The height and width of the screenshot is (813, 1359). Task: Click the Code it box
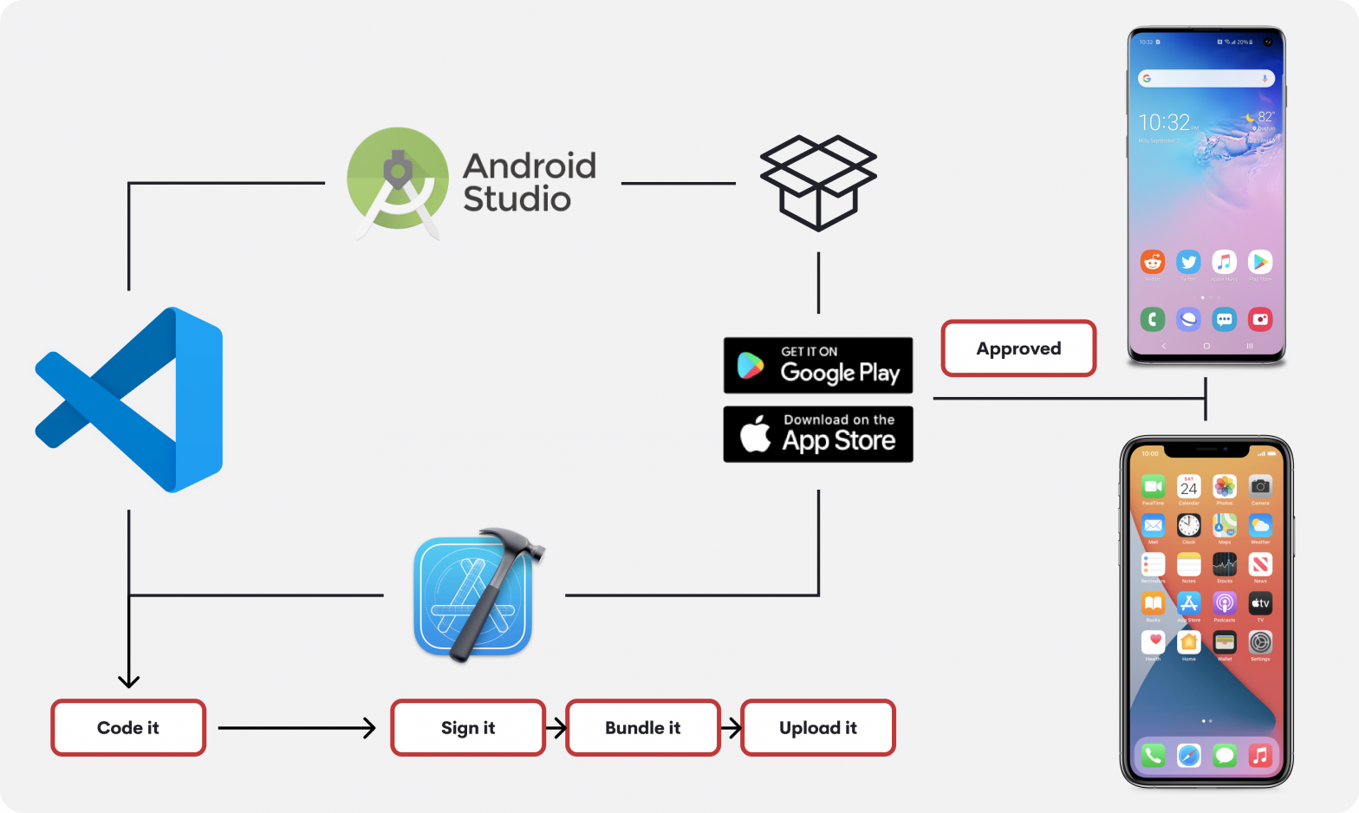pos(128,728)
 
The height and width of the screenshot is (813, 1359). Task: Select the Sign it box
pos(468,728)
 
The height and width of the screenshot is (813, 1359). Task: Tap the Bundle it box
pos(643,728)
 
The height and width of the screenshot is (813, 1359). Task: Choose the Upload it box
pos(818,728)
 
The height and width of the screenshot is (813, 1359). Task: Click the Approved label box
pos(1018,348)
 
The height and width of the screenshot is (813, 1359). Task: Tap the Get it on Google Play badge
pos(818,366)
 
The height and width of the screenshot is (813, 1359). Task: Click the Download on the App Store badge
pos(818,434)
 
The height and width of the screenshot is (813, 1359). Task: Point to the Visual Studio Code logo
pos(130,400)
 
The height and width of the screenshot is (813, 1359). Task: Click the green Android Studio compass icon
pos(398,179)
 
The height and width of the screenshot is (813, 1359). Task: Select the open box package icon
pos(818,183)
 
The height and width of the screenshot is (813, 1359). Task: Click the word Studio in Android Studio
pos(517,199)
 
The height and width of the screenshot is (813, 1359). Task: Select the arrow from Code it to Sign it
pos(295,728)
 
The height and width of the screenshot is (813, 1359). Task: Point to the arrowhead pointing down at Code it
pos(128,680)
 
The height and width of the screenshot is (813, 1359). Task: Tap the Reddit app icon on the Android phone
pos(1152,262)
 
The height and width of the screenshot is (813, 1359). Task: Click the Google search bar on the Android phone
pos(1206,79)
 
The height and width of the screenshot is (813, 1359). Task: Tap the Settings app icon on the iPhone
pos(1260,642)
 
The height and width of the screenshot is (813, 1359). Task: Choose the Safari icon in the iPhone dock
pos(1189,755)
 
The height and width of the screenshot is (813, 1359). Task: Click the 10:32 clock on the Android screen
pos(1164,122)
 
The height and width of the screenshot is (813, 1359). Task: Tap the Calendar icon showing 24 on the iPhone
pos(1188,486)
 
